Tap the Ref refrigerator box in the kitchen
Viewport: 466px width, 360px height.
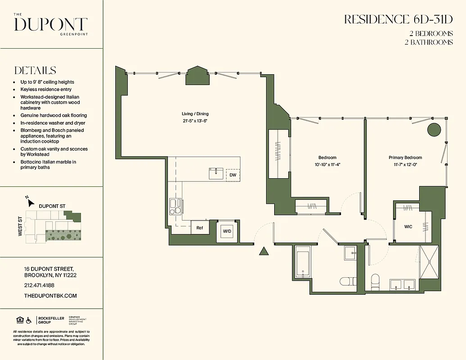click(x=199, y=228)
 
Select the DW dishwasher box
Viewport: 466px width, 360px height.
click(x=233, y=175)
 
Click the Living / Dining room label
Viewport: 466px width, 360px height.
click(x=195, y=114)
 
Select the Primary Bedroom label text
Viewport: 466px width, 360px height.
click(x=405, y=157)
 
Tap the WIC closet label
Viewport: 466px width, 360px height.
click(x=408, y=227)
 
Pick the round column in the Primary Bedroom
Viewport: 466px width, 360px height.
click(x=433, y=130)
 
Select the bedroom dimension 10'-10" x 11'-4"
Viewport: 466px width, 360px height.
click(x=327, y=164)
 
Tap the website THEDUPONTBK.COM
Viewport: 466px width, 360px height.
click(x=50, y=296)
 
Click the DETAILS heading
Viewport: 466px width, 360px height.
click(x=35, y=71)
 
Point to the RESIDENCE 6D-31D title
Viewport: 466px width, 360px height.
click(x=398, y=19)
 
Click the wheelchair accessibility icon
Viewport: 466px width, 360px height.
click(x=29, y=320)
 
